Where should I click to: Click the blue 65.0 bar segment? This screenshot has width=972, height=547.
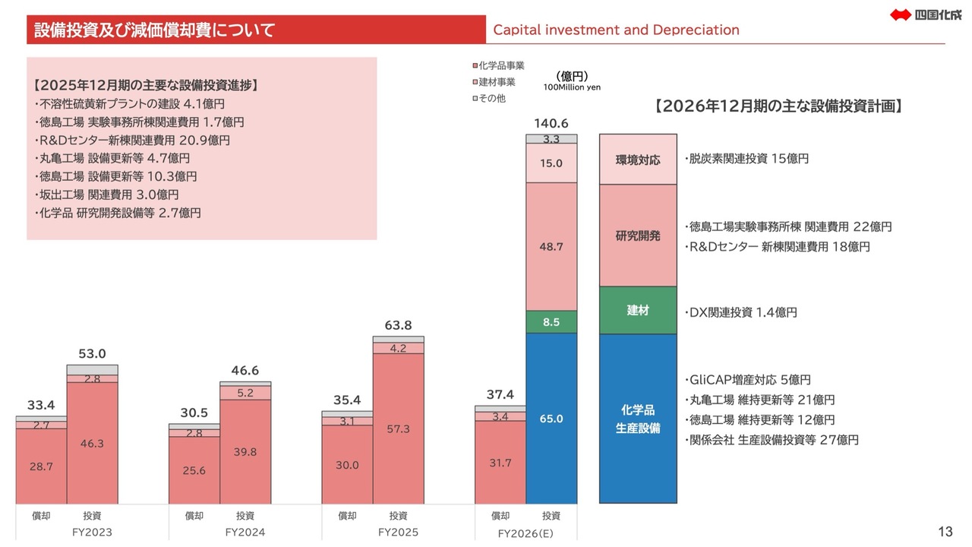click(551, 419)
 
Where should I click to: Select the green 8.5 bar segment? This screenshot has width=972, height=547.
click(551, 322)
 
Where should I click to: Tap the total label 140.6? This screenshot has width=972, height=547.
click(551, 124)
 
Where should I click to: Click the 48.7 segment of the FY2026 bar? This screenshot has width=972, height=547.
click(551, 247)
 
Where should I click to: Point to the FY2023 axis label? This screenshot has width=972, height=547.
click(93, 532)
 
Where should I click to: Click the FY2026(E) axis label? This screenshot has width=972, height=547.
click(525, 533)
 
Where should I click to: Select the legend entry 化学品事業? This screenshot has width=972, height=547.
click(498, 66)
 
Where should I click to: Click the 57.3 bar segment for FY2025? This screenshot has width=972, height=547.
click(398, 428)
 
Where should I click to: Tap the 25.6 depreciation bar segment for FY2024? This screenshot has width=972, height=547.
click(194, 470)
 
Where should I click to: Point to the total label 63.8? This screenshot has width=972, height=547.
click(398, 325)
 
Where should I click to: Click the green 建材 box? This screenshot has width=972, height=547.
click(638, 311)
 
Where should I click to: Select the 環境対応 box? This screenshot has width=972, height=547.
click(638, 160)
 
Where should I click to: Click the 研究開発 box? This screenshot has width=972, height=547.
click(638, 236)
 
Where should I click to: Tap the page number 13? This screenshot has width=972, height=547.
click(945, 531)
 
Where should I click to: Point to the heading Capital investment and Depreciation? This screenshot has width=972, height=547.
click(616, 30)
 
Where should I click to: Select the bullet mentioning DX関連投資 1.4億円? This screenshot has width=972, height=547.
click(740, 312)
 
